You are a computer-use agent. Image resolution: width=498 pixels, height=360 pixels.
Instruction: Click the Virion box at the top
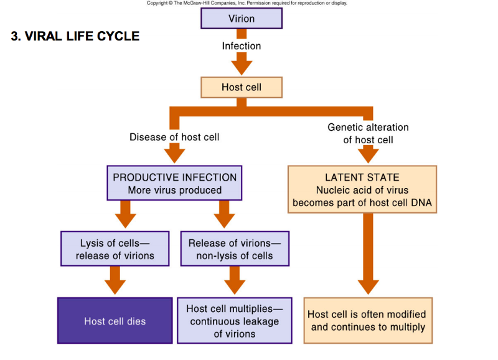[x=242, y=19]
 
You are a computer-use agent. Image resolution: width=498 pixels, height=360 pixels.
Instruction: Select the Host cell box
[x=242, y=87]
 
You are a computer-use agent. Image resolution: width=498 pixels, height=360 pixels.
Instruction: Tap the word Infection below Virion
[x=242, y=46]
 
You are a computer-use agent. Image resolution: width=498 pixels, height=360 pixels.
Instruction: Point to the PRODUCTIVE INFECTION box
[x=174, y=184]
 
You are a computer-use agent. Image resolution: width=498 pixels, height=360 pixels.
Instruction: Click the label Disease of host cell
[x=174, y=137]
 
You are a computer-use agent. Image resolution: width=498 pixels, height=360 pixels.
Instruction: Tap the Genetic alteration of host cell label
[x=368, y=133]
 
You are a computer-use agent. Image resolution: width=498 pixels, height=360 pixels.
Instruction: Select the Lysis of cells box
[x=115, y=249]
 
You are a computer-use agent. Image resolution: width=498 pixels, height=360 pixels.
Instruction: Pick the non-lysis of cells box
[x=230, y=249]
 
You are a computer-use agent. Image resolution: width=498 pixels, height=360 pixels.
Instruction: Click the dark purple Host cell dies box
[x=115, y=321]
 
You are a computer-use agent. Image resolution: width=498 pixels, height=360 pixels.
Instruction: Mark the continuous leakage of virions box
[x=235, y=321]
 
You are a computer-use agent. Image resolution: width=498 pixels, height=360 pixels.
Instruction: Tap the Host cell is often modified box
[x=367, y=321]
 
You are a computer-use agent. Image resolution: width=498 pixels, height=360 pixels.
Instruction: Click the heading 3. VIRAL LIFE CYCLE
[x=75, y=36]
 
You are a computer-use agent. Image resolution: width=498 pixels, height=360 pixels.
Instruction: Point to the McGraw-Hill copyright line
[x=247, y=3]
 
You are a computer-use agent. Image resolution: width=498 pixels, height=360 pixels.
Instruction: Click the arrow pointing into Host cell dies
[x=115, y=280]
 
